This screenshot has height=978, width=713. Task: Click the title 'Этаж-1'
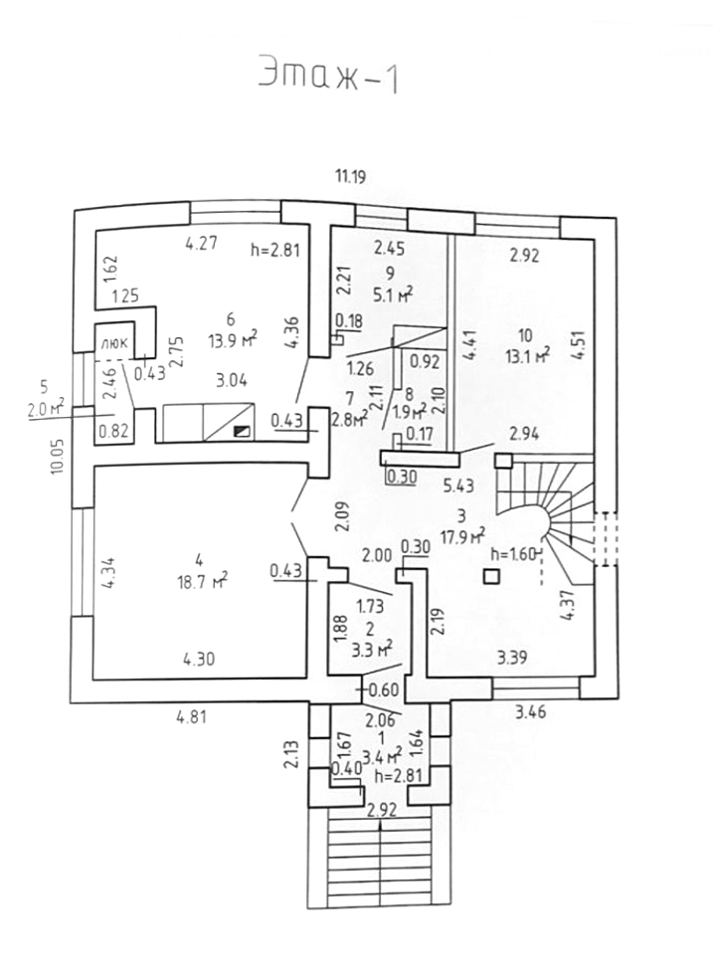pos(328,76)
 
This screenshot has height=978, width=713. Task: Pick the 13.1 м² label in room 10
pos(528,353)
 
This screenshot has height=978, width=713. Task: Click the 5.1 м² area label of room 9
pos(392,293)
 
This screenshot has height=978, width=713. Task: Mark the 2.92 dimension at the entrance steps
pos(382,809)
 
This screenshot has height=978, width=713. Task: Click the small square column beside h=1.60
pos(489,575)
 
